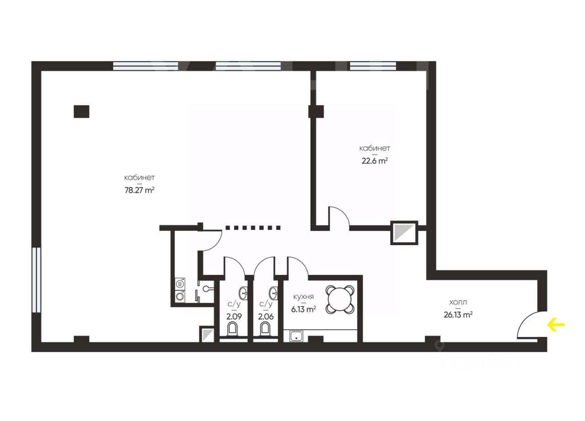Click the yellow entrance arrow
point(556,325)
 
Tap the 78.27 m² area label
point(139,190)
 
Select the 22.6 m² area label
point(374,161)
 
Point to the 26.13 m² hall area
point(458,315)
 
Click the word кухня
point(303,297)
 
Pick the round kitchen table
point(340,299)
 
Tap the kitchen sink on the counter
point(297,336)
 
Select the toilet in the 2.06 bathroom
point(265,329)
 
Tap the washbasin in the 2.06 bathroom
point(273,293)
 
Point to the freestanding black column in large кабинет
point(81,111)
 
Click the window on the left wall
point(37,279)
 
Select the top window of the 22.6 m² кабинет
point(373,66)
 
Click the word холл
point(458,302)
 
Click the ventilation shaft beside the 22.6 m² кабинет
point(404,233)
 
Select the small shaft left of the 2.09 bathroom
point(207,334)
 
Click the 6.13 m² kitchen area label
point(304,310)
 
